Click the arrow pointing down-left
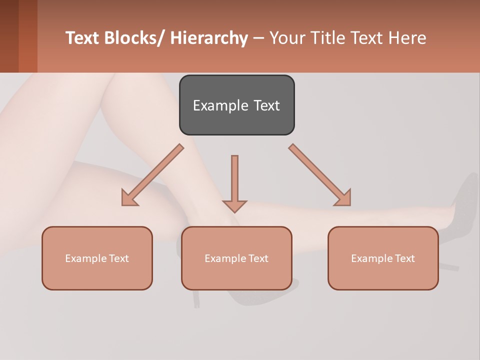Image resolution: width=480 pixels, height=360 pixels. (153, 175)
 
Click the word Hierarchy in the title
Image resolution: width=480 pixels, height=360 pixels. (209, 38)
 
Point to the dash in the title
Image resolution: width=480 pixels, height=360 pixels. (258, 38)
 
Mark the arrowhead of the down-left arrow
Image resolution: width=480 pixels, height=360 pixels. (129, 198)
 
